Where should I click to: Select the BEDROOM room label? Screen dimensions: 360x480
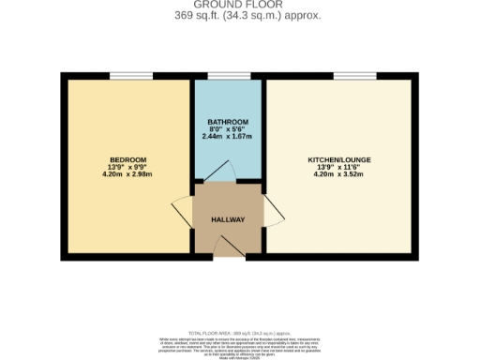pyautogui.click(x=127, y=159)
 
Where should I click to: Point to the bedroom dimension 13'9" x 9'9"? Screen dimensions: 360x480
pyautogui.click(x=127, y=167)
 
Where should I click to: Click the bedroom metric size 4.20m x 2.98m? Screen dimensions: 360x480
pyautogui.click(x=127, y=174)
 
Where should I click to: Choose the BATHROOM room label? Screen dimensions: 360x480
pyautogui.click(x=228, y=123)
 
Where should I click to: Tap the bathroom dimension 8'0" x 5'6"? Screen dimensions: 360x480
pyautogui.click(x=228, y=130)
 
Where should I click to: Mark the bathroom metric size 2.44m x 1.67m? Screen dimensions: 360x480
pyautogui.click(x=228, y=138)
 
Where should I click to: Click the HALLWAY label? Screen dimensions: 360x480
pyautogui.click(x=228, y=219)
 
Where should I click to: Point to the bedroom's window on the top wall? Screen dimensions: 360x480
pyautogui.click(x=130, y=76)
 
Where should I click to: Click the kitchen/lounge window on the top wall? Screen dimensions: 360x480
pyautogui.click(x=349, y=76)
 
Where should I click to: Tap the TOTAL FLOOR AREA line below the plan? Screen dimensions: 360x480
pyautogui.click(x=239, y=333)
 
